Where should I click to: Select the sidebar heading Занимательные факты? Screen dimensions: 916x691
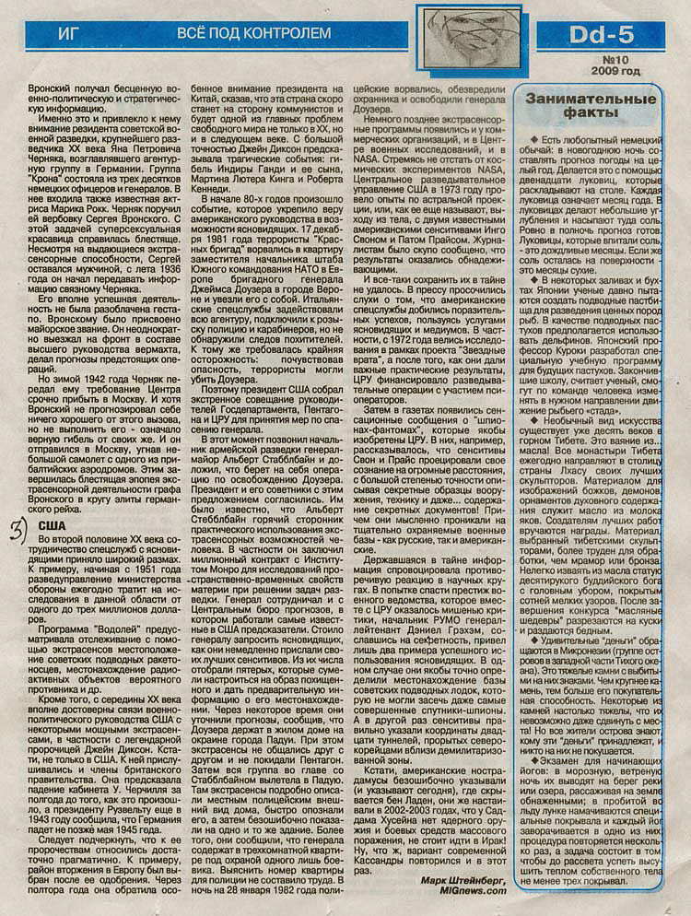[x=590, y=107]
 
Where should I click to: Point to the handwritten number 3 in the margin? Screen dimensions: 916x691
[x=18, y=528]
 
